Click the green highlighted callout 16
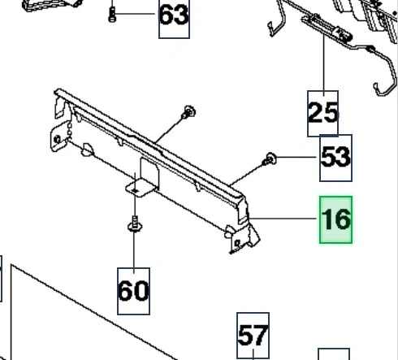coord(335,219)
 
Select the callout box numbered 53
coord(335,158)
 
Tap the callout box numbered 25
coord(322,114)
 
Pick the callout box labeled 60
coord(133,291)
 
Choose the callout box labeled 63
coord(174,18)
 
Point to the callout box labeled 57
coord(253,336)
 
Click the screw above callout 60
coord(135,224)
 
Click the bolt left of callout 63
coord(112,15)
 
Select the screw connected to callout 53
coord(270,159)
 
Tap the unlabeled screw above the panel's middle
coord(188,112)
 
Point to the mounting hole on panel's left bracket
coord(57,140)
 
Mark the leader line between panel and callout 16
coord(283,218)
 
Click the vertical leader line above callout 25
coord(323,63)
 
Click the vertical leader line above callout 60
coord(134,249)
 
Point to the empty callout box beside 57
coord(334,354)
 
